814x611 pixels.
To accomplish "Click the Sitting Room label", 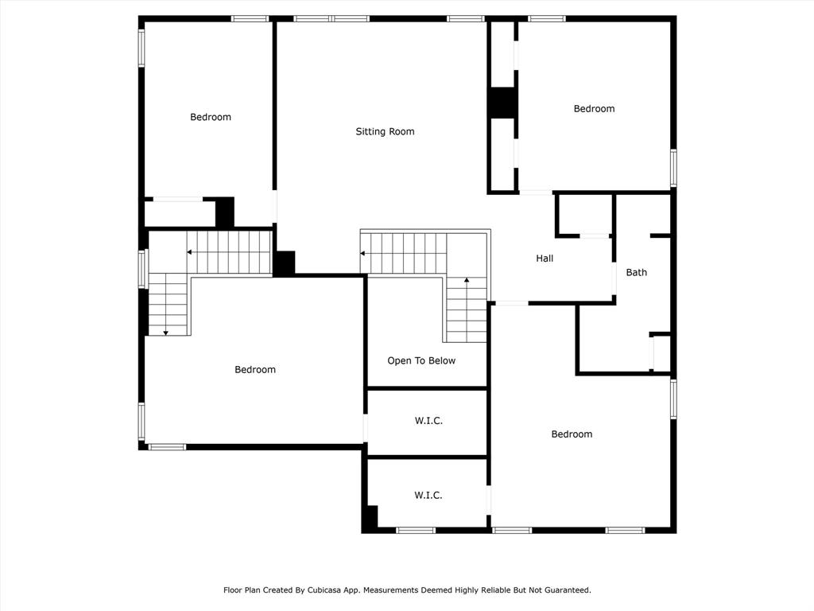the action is click(385, 132).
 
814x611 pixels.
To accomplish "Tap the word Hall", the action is click(545, 259).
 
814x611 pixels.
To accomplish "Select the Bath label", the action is click(637, 272).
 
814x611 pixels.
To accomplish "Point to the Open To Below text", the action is click(421, 360).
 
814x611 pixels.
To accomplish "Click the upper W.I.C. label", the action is click(428, 421).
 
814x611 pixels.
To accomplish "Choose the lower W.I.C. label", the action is click(428, 495).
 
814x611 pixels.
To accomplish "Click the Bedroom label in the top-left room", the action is click(210, 118).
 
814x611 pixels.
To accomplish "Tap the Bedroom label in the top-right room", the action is click(594, 108).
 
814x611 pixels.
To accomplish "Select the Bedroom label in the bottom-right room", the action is click(572, 434).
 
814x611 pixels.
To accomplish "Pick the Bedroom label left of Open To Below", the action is click(255, 369).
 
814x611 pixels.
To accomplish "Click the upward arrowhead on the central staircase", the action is click(467, 280).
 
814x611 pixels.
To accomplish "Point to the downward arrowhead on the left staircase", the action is click(165, 333).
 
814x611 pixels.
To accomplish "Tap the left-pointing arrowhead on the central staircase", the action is click(362, 254).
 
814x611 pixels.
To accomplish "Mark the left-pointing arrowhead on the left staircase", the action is click(189, 252).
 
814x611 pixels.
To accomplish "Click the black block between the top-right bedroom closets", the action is click(502, 103).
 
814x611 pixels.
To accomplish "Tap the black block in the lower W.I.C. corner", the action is click(370, 518).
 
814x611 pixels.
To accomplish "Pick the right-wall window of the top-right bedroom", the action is click(673, 168).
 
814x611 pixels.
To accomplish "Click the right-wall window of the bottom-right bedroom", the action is click(673, 399).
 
